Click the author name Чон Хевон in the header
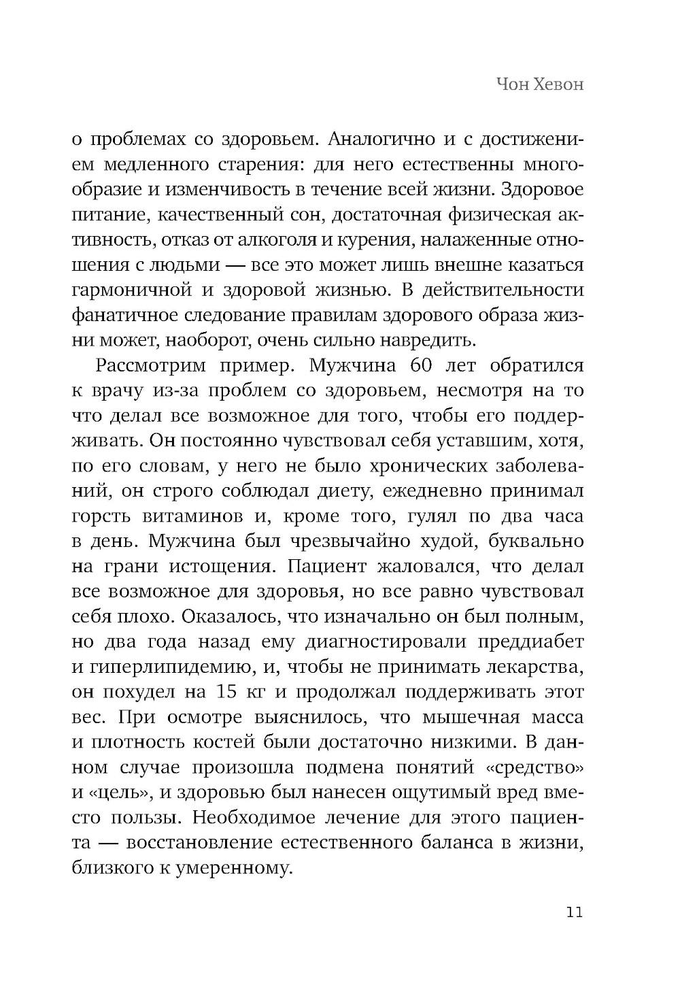(x=540, y=85)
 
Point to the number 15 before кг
(x=226, y=692)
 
